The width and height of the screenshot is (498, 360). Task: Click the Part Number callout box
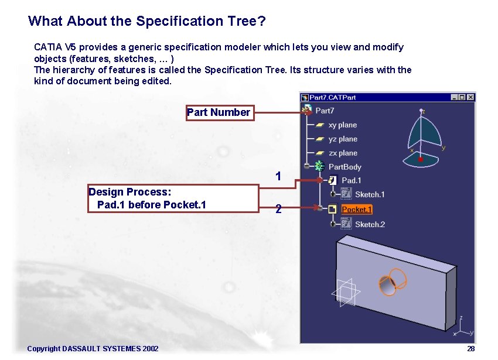tap(219, 112)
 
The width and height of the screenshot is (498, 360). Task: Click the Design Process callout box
tap(173, 198)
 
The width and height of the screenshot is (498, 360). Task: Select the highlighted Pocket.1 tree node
tap(356, 210)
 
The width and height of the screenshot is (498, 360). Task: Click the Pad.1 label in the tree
tap(351, 180)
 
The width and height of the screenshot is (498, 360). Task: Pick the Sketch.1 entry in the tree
tap(369, 194)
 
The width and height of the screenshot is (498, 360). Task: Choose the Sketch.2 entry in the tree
tap(369, 224)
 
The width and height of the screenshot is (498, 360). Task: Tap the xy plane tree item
tap(342, 125)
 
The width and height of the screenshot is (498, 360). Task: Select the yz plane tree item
tap(342, 139)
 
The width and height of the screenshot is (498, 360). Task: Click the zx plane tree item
tap(342, 153)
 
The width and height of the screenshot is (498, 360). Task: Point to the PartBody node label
tap(344, 167)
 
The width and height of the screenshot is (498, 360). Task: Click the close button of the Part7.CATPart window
tap(470, 97)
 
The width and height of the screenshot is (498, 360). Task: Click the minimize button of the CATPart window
tap(454, 97)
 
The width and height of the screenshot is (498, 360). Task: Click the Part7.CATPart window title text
tap(332, 97)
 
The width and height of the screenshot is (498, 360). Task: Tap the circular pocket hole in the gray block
tap(389, 283)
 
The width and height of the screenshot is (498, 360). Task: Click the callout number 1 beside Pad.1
tap(278, 176)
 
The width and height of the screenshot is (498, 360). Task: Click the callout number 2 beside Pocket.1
tap(278, 208)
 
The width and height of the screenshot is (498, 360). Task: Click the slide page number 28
tap(470, 349)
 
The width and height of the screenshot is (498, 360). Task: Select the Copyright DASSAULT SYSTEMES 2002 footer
tap(93, 349)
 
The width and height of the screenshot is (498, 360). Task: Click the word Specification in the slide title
tap(179, 21)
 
